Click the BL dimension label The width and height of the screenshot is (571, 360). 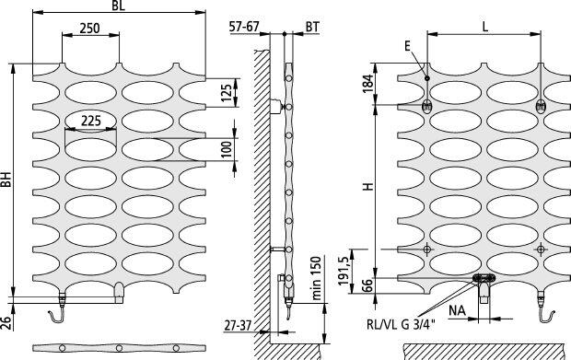[x=119, y=6]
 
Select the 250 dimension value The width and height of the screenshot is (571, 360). [x=89, y=28]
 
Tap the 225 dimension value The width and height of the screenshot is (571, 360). [x=90, y=121]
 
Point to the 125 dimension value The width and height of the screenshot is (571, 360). [x=227, y=93]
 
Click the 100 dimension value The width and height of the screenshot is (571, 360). [x=227, y=149]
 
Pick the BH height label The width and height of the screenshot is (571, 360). [x=6, y=180]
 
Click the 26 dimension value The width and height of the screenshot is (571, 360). [x=6, y=322]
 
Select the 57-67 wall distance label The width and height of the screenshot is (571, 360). [x=244, y=27]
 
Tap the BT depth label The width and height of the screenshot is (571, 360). [x=312, y=27]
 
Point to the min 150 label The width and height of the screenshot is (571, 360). [x=317, y=278]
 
